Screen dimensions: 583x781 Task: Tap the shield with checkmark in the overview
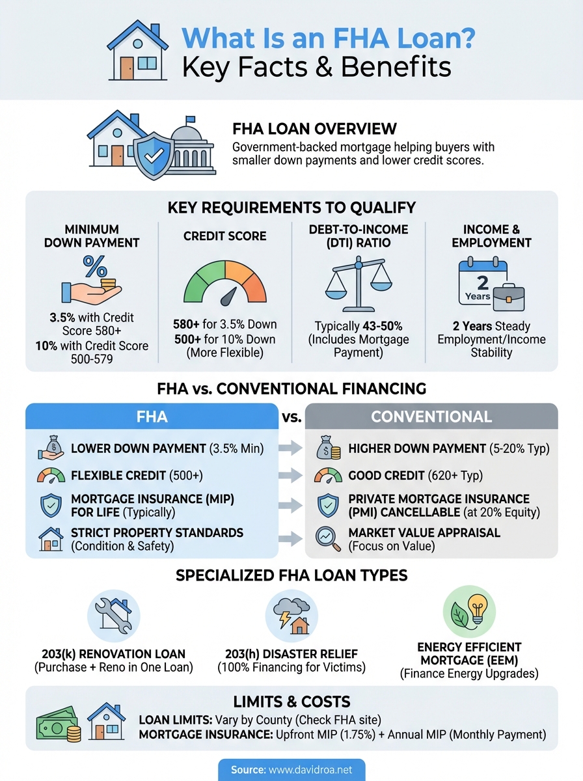pos(154,157)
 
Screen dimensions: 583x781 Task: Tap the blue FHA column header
pos(151,417)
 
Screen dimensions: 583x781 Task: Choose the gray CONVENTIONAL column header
pos(431,417)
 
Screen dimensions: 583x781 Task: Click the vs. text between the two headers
pos(291,417)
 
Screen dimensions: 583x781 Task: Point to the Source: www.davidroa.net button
pos(291,770)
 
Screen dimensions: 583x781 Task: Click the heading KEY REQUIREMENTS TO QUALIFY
pos(291,208)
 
